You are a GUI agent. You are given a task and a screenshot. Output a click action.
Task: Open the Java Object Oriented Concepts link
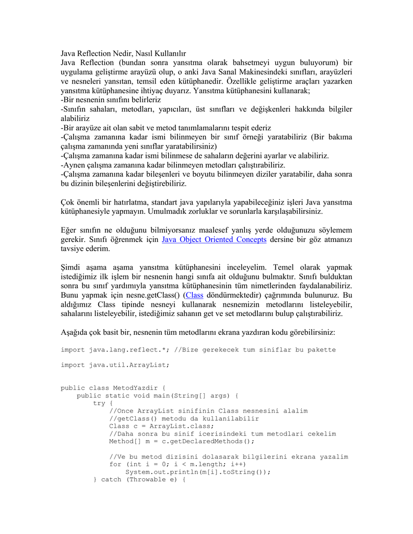(x=214, y=239)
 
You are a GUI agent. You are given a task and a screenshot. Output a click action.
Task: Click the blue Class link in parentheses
(x=194, y=295)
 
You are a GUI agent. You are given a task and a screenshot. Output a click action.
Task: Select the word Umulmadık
(x=170, y=212)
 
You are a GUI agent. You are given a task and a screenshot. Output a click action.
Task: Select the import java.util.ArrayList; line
(x=115, y=365)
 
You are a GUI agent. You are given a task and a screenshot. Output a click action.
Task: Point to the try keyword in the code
(x=99, y=403)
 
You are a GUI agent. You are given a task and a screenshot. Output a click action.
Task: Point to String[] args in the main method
(x=202, y=396)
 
